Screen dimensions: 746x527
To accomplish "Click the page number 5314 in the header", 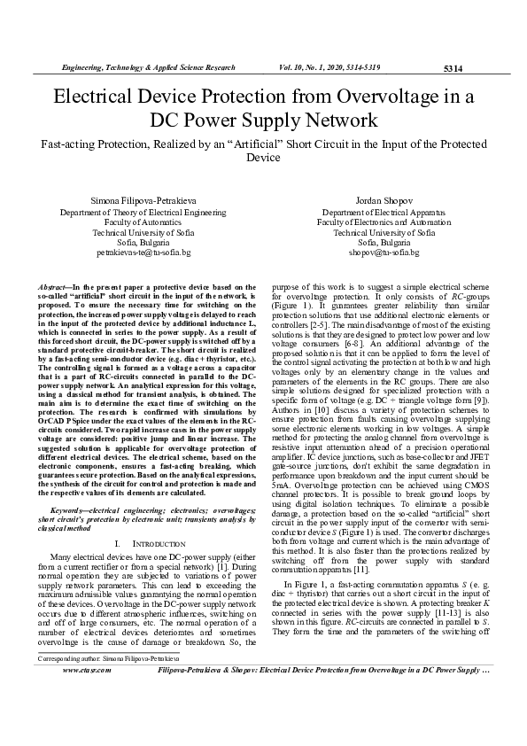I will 453,67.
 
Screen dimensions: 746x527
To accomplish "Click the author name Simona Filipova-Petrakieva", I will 143,201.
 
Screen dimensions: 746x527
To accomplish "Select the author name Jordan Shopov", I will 384,201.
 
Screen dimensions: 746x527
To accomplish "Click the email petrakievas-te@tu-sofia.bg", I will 143,253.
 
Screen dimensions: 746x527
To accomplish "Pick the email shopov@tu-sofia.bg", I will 384,253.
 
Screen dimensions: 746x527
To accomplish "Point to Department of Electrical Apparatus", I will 384,214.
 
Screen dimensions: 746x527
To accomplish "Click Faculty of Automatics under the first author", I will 143,223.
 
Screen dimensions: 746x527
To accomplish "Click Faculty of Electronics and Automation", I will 384,223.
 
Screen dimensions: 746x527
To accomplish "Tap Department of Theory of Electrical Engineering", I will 143,214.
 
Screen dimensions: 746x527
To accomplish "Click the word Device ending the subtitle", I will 262,157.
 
